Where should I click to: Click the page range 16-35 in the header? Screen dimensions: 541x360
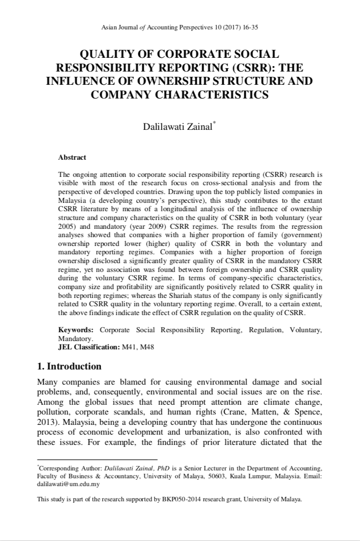(250, 27)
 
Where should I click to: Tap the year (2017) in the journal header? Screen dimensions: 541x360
(230, 27)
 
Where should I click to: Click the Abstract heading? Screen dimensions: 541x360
(72, 157)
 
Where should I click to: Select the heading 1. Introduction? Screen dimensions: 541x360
(70, 367)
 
